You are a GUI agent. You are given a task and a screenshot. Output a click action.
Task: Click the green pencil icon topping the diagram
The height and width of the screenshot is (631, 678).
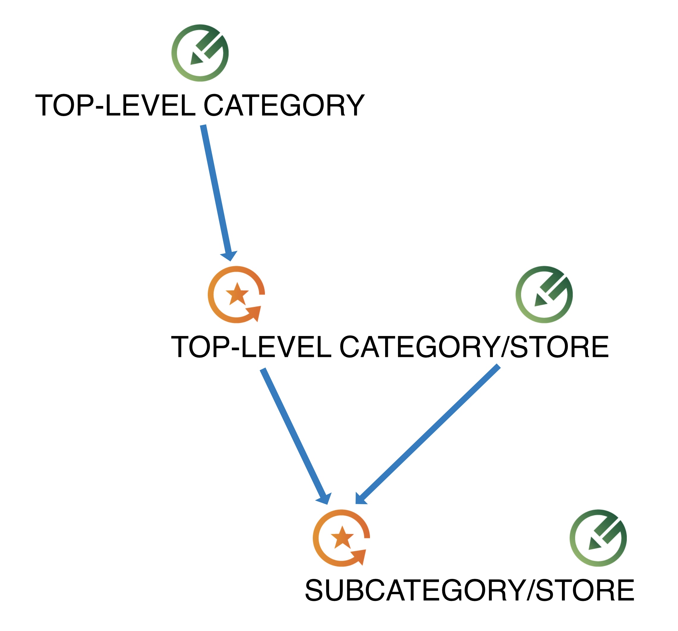point(200,53)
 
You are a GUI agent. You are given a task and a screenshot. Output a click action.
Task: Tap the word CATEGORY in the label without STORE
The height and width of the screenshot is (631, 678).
point(284,105)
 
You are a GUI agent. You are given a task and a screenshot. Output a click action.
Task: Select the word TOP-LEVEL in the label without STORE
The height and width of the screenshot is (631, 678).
point(115,105)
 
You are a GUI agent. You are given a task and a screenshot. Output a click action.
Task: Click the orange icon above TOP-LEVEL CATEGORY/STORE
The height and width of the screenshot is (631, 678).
point(236,294)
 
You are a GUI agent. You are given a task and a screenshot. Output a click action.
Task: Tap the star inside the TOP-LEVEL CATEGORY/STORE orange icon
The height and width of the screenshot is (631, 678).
point(238,294)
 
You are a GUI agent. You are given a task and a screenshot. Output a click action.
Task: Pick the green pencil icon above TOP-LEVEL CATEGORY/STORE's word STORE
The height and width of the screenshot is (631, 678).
point(544,294)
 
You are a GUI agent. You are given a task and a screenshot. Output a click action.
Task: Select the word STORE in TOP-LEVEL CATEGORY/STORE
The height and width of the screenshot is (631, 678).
point(559,347)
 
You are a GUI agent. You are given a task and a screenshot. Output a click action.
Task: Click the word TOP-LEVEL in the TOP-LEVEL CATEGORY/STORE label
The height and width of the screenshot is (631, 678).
point(251,347)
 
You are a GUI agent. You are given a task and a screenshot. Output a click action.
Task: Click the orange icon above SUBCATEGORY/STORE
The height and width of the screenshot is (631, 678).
point(341,538)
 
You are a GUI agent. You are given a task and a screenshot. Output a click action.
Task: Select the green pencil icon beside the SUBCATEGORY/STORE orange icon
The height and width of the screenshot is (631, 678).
point(598,538)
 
